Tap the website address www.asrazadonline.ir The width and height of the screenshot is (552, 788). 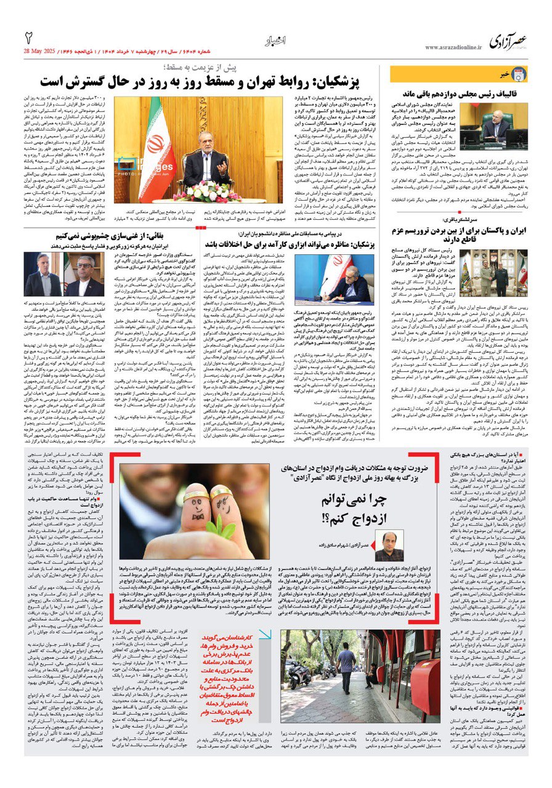(451, 47)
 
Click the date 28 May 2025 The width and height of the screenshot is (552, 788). (47, 49)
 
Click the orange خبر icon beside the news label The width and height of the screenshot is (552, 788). (519, 74)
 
